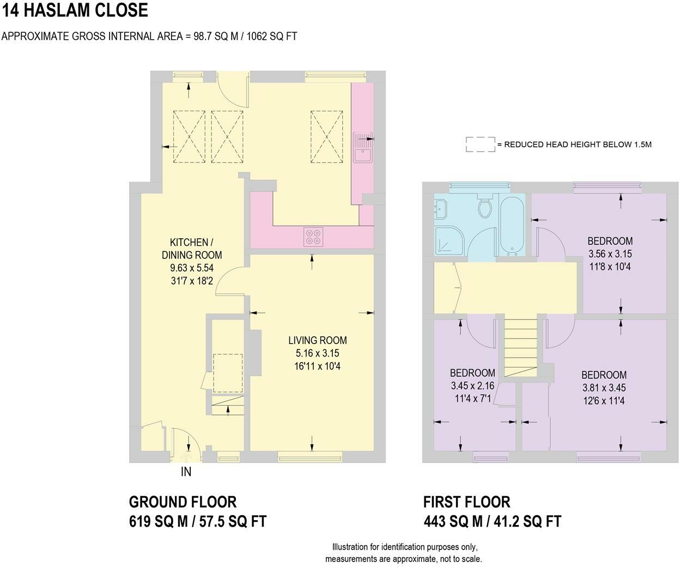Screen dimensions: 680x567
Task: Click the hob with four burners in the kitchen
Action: pos(313,237)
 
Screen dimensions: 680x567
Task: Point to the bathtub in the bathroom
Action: pos(512,225)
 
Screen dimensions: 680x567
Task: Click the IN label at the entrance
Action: pos(186,472)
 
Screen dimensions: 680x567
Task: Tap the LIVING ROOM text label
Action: pos(318,340)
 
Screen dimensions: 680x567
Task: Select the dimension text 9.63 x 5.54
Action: pos(192,268)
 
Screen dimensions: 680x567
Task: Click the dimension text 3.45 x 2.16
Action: pos(472,385)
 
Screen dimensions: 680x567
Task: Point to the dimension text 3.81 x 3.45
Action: pos(604,388)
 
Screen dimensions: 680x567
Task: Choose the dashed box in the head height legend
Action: pos(481,144)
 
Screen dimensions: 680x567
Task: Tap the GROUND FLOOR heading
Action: pos(183,502)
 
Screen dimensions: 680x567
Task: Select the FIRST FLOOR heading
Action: pos(467,502)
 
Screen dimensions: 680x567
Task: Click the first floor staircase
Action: pos(521,348)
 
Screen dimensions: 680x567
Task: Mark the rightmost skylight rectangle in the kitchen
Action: pos(326,136)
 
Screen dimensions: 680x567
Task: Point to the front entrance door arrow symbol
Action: pos(186,457)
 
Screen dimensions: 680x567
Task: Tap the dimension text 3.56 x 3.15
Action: pos(610,254)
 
